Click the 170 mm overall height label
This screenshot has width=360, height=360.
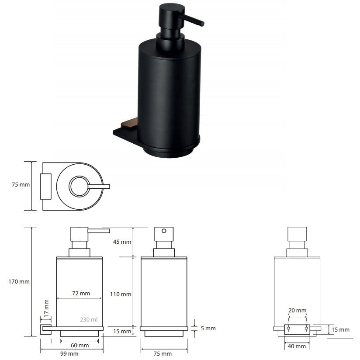(19, 281)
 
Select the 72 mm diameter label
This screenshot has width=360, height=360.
(81, 293)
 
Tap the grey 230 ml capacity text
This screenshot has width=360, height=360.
(89, 319)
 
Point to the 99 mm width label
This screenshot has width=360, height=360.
(69, 353)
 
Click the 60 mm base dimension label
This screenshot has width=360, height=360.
(80, 345)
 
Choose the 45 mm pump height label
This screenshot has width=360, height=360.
(122, 242)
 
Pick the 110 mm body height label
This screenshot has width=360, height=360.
(121, 294)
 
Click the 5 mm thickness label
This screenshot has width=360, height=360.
(208, 328)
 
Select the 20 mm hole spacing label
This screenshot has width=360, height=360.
(298, 310)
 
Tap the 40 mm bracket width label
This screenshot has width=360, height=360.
(297, 346)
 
